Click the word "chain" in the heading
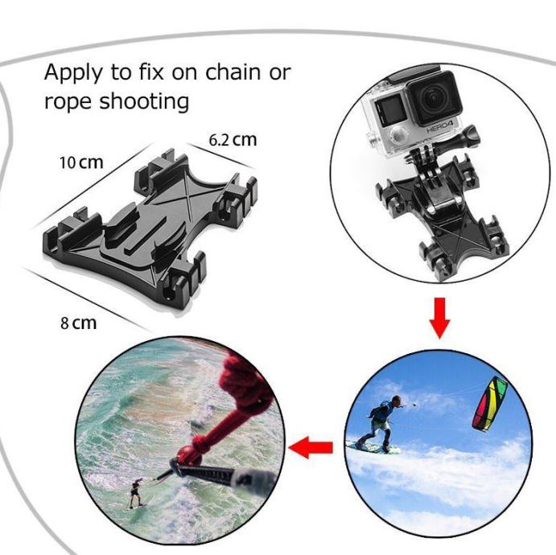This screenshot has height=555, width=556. [233, 72]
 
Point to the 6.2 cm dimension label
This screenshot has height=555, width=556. [233, 139]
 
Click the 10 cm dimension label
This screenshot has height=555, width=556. [81, 162]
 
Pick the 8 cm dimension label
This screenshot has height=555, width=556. [78, 323]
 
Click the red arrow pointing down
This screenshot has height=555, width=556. [439, 317]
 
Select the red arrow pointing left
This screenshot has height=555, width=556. [311, 447]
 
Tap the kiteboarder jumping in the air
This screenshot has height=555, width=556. [381, 418]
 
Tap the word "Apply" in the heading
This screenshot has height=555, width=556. [75, 73]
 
